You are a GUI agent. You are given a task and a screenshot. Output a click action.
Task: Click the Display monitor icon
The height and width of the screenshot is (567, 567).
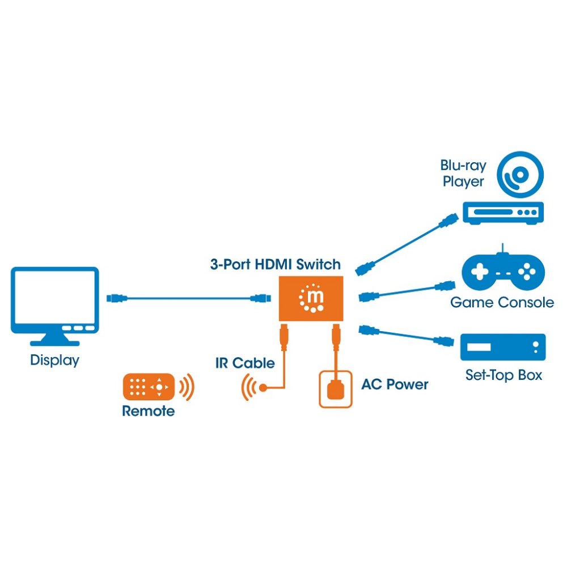click(55, 306)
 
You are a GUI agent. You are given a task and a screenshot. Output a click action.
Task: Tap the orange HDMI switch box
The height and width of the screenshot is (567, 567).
click(311, 299)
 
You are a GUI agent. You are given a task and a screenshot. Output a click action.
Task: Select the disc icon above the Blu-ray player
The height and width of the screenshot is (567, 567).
click(520, 175)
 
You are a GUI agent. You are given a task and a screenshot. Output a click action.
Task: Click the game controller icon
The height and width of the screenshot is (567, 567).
click(503, 270)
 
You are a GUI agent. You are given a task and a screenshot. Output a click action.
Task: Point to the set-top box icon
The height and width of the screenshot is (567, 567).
click(502, 347)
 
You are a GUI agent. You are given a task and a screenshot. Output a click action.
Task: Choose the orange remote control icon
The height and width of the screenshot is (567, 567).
click(149, 387)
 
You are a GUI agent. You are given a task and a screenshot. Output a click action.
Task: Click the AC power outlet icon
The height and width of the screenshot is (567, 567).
click(336, 390)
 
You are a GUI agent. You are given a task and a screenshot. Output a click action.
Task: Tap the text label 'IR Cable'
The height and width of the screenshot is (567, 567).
click(245, 363)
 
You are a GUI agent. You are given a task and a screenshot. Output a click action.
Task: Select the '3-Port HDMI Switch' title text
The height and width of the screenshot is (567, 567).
click(276, 264)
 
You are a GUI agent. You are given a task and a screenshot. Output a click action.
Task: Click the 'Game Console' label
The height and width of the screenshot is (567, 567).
click(502, 302)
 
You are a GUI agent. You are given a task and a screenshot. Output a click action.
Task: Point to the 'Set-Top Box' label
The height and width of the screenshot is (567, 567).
click(503, 375)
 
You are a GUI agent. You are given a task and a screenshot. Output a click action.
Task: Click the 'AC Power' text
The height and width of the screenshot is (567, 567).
click(395, 384)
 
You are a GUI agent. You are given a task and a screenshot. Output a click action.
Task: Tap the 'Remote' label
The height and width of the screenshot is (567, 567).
click(148, 411)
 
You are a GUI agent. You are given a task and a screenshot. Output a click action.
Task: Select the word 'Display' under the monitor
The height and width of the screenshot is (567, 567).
click(54, 360)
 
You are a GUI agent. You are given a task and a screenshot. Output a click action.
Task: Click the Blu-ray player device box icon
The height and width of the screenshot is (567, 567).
click(503, 213)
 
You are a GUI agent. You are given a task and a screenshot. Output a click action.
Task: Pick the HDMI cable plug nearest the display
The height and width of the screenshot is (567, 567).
click(117, 298)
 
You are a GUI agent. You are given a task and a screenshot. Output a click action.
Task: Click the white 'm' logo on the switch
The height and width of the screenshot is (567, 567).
click(315, 297)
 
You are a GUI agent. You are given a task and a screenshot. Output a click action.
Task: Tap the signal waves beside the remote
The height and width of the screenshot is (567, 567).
click(187, 387)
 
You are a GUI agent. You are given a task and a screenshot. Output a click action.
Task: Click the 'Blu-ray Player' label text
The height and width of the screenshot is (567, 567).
click(463, 174)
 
